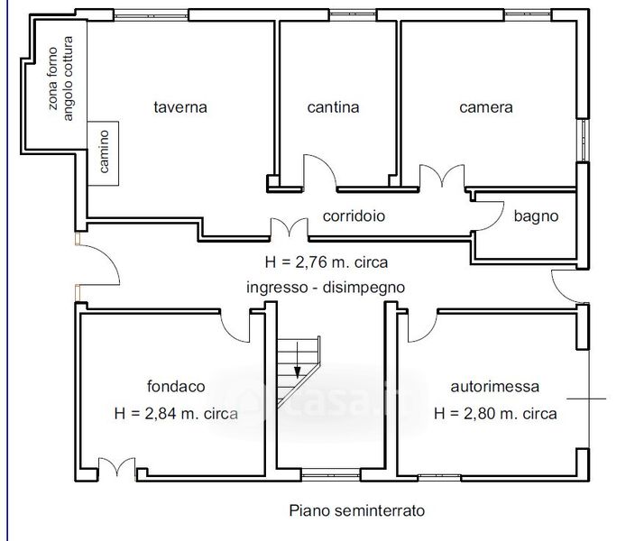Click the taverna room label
click(x=180, y=107)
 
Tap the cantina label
click(x=334, y=107)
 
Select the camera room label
click(x=486, y=107)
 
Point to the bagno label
click(x=536, y=216)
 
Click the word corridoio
click(x=354, y=215)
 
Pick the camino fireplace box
click(x=103, y=153)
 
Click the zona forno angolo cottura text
click(x=60, y=78)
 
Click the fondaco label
click(x=176, y=386)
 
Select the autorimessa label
click(x=495, y=387)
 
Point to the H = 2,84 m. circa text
click(x=176, y=414)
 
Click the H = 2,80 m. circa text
click(x=495, y=414)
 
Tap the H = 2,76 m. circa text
click(x=327, y=262)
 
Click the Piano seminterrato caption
click(x=357, y=510)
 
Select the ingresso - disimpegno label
click(x=326, y=288)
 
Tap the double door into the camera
click(x=442, y=176)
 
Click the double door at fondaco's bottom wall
click(x=117, y=467)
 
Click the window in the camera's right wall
click(x=584, y=140)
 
